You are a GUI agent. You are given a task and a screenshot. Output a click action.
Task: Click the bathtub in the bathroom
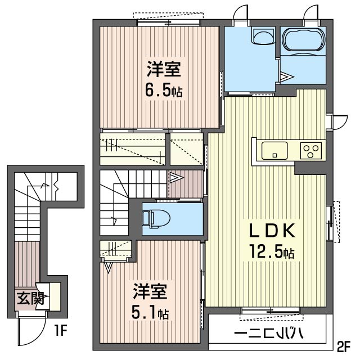303,40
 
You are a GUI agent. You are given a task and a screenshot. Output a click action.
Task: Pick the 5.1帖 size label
149,312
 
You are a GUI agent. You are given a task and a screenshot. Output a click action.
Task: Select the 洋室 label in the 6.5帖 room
164,70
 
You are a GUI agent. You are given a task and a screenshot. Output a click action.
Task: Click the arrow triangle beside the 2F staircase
176,178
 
